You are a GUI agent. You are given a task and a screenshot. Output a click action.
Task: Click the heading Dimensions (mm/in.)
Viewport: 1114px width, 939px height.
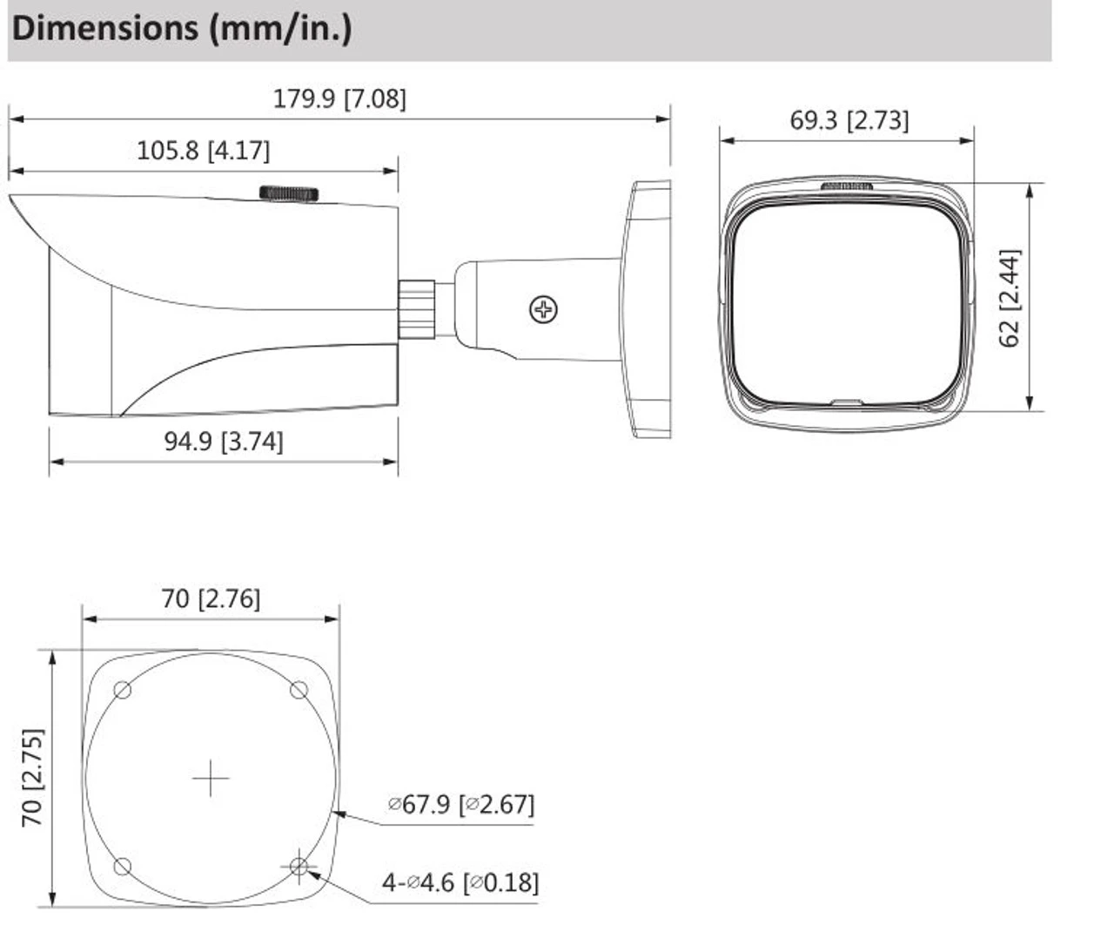[182, 29]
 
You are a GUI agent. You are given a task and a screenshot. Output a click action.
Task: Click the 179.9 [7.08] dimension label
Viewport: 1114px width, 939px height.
[339, 98]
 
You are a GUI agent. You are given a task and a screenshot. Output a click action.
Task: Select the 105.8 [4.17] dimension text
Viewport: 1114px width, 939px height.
[203, 151]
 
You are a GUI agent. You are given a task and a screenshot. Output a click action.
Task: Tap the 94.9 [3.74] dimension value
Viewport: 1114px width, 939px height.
[224, 441]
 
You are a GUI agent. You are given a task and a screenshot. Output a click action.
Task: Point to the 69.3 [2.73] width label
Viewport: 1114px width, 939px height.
[849, 120]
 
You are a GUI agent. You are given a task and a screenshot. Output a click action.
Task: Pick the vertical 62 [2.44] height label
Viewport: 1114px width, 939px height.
[1009, 299]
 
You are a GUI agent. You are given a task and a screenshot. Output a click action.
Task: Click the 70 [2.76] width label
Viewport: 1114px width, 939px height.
[211, 598]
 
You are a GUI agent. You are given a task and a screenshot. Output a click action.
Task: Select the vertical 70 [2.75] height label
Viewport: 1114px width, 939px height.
[32, 777]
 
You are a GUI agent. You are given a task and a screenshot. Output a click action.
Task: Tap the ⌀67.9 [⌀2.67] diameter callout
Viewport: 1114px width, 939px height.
[460, 803]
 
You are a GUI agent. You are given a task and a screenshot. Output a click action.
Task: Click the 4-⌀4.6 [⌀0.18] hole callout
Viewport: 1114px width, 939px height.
[460, 882]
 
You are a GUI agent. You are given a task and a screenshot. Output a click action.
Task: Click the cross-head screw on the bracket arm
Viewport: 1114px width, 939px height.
[544, 309]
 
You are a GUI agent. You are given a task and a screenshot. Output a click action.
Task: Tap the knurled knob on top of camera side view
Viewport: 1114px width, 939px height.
[289, 193]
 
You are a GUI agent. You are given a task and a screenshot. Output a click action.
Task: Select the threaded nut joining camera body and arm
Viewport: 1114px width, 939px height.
[417, 308]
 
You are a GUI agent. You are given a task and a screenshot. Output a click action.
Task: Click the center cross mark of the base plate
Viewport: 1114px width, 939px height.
[211, 778]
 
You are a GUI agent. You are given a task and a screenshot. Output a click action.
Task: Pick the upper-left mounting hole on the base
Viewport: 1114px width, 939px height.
[123, 691]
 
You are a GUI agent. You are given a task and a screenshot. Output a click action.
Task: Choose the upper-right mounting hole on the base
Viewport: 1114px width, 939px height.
[299, 691]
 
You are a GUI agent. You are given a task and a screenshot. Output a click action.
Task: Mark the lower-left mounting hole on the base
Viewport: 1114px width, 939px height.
[123, 867]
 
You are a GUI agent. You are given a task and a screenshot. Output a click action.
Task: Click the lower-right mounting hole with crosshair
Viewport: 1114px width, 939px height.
[299, 867]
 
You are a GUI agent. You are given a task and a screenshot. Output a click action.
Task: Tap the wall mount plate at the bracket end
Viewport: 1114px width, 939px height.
[648, 309]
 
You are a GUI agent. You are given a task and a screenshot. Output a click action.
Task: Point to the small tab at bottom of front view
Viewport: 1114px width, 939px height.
[846, 403]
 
